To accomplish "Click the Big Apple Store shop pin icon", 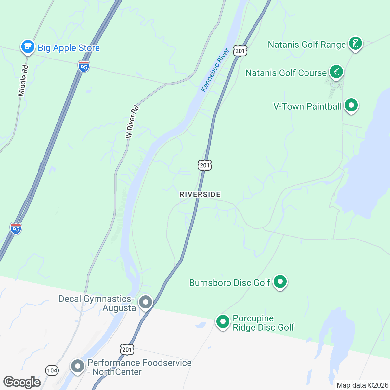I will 28,47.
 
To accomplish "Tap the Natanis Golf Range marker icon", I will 355,43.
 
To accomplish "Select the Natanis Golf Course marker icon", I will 336,71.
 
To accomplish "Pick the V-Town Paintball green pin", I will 351,105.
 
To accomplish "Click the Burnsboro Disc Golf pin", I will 280,281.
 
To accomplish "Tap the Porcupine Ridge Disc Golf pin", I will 223,322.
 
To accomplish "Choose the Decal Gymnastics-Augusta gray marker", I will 145,302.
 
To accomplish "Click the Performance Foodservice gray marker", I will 78,366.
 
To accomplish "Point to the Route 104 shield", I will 52,370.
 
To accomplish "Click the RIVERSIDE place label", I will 200,194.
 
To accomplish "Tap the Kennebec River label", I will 215,70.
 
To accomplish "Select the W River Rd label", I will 133,122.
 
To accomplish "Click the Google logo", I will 22,382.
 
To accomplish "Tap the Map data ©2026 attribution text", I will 362,385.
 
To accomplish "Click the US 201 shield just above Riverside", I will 205,165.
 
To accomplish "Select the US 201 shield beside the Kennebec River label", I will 240,51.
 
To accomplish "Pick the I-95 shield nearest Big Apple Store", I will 84,67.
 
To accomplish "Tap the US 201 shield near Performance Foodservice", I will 127,349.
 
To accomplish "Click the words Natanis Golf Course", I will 286,73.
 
